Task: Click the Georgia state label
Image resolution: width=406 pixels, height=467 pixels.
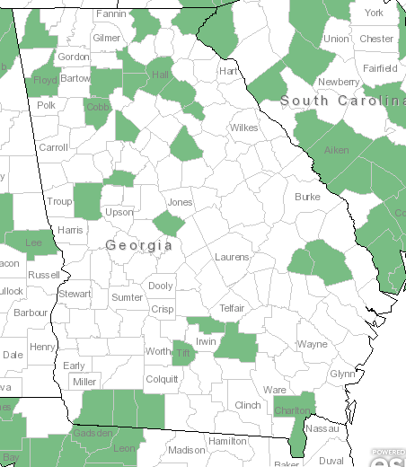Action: pos(139,245)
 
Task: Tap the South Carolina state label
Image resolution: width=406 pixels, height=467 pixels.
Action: pos(342,101)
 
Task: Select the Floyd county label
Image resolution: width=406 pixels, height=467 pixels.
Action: pos(45,80)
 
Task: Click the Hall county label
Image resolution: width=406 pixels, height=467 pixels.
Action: pos(162,75)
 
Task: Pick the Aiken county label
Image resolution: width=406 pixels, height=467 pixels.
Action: pos(336,150)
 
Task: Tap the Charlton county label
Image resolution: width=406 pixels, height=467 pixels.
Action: pos(293,411)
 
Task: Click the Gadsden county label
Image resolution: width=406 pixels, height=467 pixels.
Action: pos(93,433)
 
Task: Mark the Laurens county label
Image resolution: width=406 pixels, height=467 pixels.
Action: pos(232,258)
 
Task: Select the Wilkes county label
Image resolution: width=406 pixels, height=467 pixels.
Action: pos(243,128)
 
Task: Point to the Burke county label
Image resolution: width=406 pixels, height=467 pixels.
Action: pos(307,196)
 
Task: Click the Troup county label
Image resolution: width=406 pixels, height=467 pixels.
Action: pos(59,202)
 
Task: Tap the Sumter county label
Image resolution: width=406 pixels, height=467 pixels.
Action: pos(128,296)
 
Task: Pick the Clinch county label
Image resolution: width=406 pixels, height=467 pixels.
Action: pos(247,405)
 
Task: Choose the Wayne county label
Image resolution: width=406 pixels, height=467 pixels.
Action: pos(313,344)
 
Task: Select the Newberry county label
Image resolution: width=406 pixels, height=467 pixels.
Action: pos(338,82)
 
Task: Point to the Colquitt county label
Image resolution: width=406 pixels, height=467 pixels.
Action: pos(162,379)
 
